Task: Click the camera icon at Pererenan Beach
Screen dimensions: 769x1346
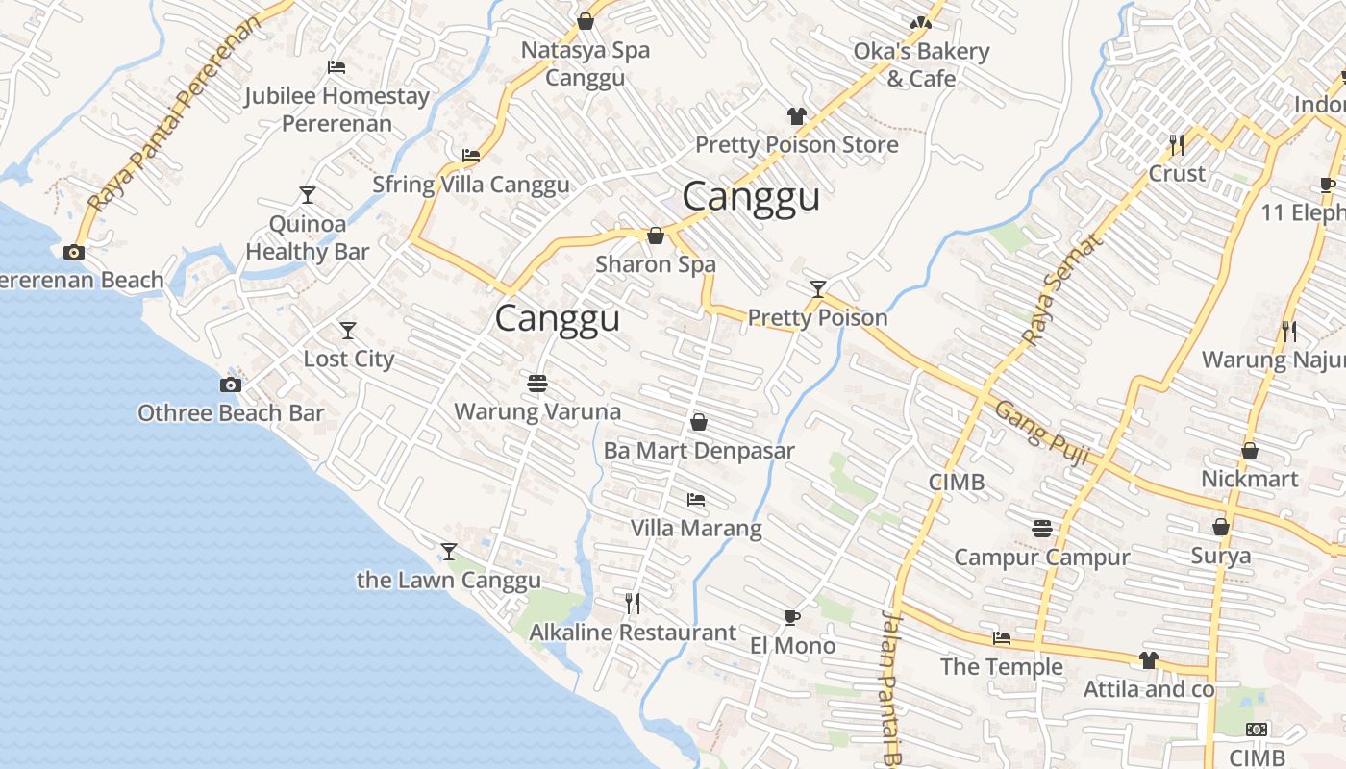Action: (x=73, y=253)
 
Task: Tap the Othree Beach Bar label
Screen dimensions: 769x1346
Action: (x=231, y=413)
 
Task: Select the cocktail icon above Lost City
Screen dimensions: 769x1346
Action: (x=348, y=331)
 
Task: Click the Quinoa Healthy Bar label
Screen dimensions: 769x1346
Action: (x=307, y=237)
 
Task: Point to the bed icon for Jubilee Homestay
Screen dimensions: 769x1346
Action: (x=336, y=67)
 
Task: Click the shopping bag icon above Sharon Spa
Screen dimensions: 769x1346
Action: (x=656, y=236)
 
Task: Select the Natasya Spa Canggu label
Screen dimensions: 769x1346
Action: (x=586, y=63)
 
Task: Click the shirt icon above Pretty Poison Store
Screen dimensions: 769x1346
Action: (x=796, y=116)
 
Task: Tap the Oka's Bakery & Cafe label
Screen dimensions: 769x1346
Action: (x=921, y=64)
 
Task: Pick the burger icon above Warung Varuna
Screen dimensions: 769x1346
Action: (x=536, y=384)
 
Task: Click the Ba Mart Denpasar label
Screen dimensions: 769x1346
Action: (x=699, y=450)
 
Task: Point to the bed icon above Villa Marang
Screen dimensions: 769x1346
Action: (x=696, y=500)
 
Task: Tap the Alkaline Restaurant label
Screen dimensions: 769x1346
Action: (x=633, y=633)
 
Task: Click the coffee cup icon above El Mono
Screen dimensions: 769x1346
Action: (x=791, y=617)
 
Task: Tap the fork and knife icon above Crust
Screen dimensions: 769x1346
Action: (x=1177, y=145)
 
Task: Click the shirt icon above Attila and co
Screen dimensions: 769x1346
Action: (x=1149, y=660)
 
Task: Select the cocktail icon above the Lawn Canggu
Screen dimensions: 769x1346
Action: (x=449, y=551)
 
